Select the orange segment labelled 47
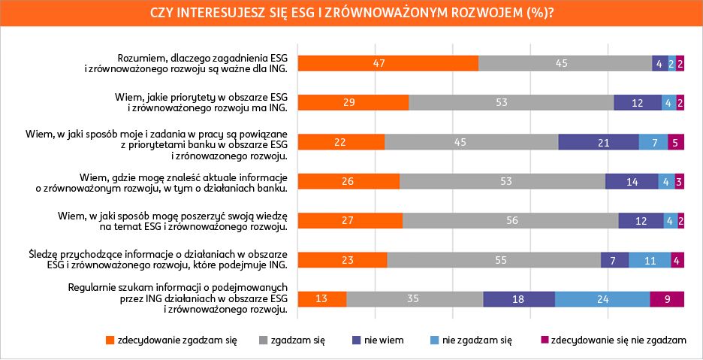click(388, 63)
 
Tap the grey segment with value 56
click(511, 220)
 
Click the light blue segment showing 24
click(602, 298)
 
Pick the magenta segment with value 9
click(667, 298)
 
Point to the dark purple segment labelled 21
click(599, 142)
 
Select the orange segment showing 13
click(323, 298)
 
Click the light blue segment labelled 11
click(650, 259)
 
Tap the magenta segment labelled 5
click(676, 142)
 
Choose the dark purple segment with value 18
click(519, 298)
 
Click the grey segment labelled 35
click(415, 298)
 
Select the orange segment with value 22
click(342, 142)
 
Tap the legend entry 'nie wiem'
click(384, 340)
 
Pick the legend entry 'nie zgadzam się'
click(477, 340)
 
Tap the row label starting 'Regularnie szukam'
click(177, 298)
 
